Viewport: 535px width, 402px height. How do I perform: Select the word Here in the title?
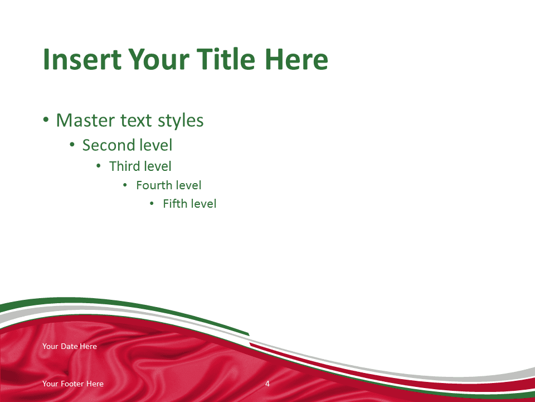pyautogui.click(x=296, y=59)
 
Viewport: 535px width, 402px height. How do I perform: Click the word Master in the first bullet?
pyautogui.click(x=87, y=121)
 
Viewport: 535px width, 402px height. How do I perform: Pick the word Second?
pyautogui.click(x=108, y=145)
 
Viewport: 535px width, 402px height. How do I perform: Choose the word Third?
pyautogui.click(x=124, y=166)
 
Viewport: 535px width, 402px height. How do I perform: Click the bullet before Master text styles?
pyautogui.click(x=46, y=119)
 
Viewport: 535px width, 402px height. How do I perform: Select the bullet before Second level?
pyautogui.click(x=72, y=145)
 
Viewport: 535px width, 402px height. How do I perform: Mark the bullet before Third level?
pyautogui.click(x=99, y=166)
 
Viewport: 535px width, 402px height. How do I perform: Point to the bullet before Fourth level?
pyautogui.click(x=125, y=185)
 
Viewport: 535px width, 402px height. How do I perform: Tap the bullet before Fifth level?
pyautogui.click(x=152, y=204)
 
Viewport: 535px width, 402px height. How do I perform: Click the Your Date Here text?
pyautogui.click(x=70, y=346)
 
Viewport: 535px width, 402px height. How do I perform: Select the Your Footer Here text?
pyautogui.click(x=73, y=384)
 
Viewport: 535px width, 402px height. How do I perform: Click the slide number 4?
pyautogui.click(x=267, y=384)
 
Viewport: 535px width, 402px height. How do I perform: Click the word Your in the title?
pyautogui.click(x=158, y=59)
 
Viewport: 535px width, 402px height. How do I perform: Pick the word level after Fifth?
pyautogui.click(x=203, y=203)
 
